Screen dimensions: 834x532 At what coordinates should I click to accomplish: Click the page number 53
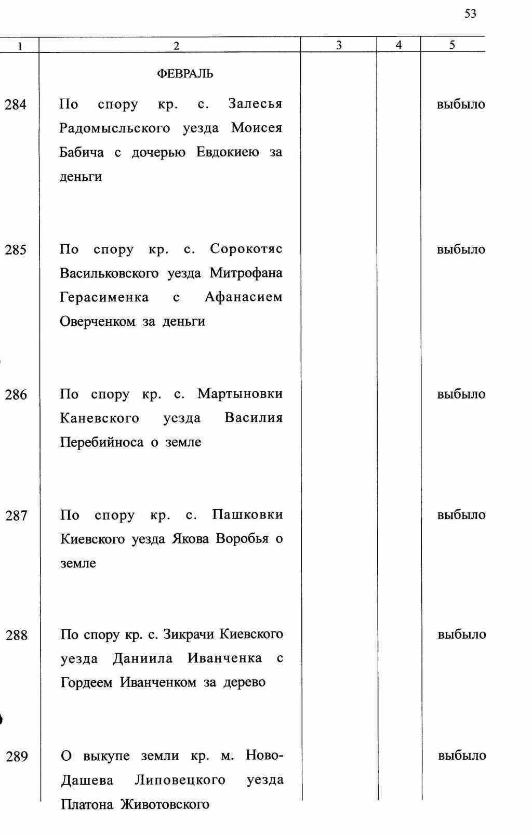tap(470, 14)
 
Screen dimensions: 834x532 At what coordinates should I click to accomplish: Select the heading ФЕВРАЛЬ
tap(185, 74)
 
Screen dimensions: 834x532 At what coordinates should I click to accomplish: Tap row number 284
tap(16, 105)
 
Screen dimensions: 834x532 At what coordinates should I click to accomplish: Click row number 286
tap(16, 395)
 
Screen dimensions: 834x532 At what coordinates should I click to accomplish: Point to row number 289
tap(17, 757)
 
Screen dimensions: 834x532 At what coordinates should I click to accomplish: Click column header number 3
tap(339, 45)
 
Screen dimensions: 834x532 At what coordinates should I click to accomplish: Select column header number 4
tap(398, 45)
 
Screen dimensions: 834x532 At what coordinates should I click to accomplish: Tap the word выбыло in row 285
tap(461, 249)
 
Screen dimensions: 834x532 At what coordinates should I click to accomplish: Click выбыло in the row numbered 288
tap(462, 634)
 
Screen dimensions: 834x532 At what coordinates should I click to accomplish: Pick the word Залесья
tap(255, 104)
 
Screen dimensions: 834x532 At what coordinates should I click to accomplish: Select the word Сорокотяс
tap(246, 249)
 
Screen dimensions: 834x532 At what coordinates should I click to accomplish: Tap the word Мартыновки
tap(240, 394)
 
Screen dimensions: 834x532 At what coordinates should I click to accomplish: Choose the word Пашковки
tap(247, 515)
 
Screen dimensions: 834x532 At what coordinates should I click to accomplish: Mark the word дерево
tap(244, 682)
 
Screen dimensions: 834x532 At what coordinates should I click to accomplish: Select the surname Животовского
tap(165, 805)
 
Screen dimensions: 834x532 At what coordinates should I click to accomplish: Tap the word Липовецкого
tap(180, 780)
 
